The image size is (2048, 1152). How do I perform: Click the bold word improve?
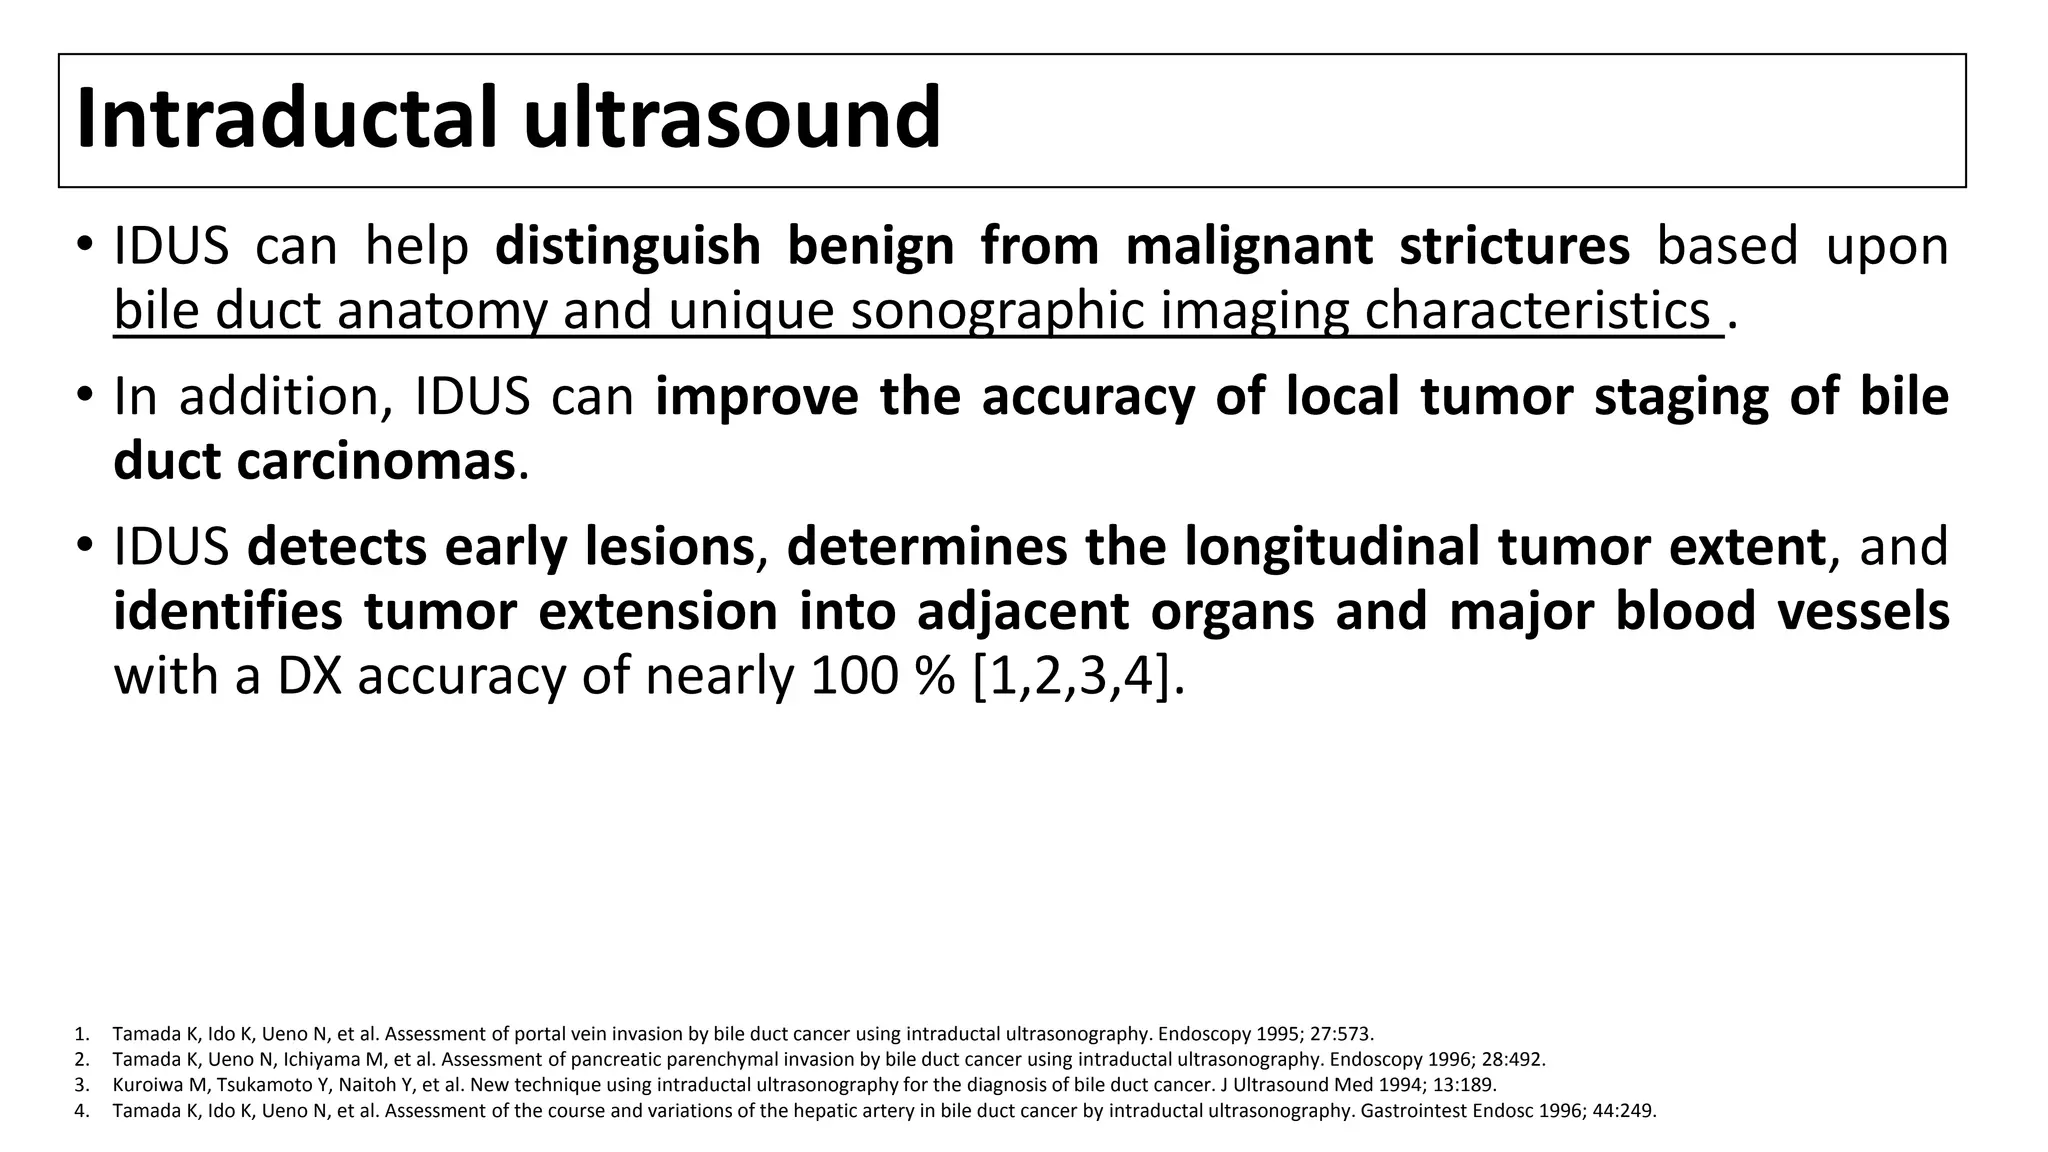point(757,396)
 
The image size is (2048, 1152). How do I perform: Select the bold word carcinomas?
point(376,461)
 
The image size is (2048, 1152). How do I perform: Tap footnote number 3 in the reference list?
point(80,1085)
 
